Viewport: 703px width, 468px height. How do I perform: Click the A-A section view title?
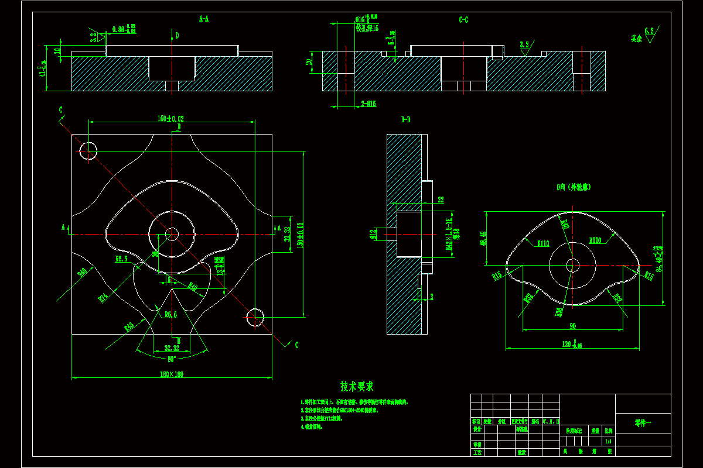click(x=204, y=19)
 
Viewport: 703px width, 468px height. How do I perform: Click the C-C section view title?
click(x=463, y=20)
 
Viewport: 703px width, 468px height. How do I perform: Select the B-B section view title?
click(x=405, y=120)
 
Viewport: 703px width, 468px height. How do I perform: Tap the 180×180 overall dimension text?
click(x=172, y=374)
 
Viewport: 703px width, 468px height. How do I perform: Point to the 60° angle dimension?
click(x=172, y=359)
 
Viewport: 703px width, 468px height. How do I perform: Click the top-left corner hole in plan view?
click(x=88, y=150)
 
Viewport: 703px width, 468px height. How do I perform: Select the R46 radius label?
click(x=82, y=272)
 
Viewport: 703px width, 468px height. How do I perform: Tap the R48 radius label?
click(x=129, y=326)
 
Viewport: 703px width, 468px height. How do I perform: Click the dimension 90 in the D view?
click(x=572, y=325)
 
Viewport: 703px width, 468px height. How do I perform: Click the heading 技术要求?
click(x=357, y=387)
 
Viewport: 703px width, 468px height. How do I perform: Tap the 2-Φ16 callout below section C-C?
click(x=368, y=104)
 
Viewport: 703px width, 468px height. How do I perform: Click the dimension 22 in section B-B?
click(x=441, y=200)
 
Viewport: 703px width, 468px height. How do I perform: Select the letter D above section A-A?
click(x=177, y=36)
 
